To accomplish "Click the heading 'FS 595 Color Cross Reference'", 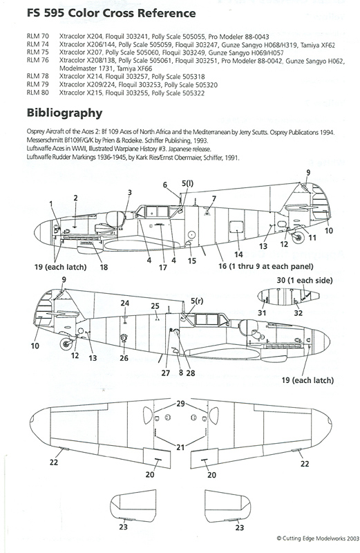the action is [111, 13].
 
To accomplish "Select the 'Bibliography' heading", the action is [64, 113].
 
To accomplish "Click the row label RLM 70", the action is [38, 37].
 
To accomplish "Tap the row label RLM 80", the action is [38, 93].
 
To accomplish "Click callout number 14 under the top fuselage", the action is [238, 254].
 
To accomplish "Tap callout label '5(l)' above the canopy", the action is [187, 183].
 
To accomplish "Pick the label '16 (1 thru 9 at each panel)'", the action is [266, 266].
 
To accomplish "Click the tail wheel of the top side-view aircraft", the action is [299, 237].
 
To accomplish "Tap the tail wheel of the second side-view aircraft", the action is [66, 344].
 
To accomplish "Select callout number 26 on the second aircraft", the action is [124, 358].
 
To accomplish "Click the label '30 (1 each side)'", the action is [305, 281].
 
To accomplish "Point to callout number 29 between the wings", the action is [180, 404].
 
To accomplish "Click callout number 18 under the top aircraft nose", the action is [104, 267].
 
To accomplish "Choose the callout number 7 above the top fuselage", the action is [214, 199].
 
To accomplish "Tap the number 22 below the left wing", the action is [54, 462].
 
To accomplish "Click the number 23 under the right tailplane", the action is [239, 527].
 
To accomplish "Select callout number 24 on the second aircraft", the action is [125, 303].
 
